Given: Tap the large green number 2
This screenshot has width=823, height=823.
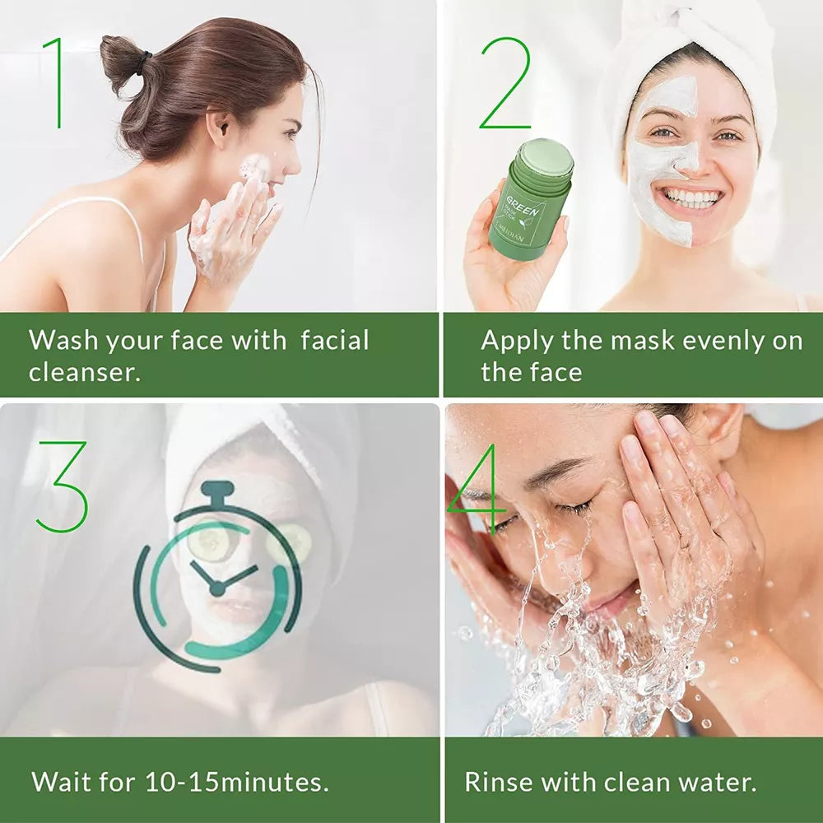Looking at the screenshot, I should click(x=506, y=84).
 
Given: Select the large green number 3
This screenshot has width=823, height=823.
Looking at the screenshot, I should click(x=62, y=486).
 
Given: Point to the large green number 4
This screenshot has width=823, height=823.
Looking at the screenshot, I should click(x=477, y=490).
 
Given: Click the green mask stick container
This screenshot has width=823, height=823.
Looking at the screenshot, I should click(x=530, y=202).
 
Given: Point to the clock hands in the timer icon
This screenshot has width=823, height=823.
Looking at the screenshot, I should click(x=216, y=580).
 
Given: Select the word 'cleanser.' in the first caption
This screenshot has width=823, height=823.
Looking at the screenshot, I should click(x=85, y=372).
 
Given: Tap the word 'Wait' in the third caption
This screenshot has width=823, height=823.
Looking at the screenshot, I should click(x=60, y=780).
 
